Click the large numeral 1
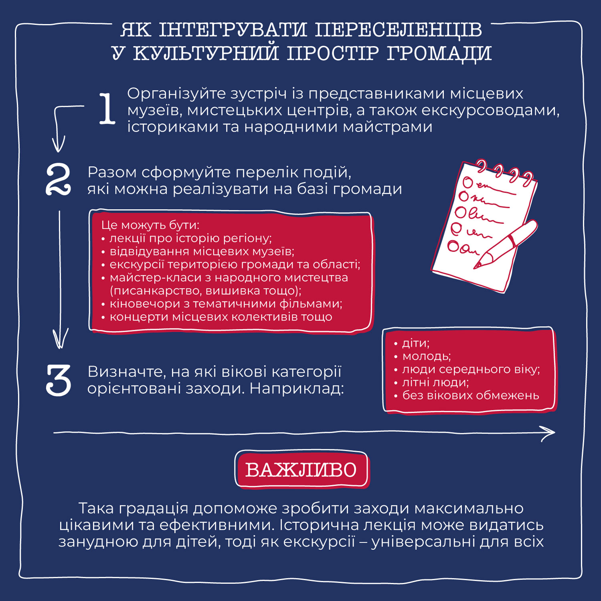pyautogui.click(x=107, y=108)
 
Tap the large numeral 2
pyautogui.click(x=58, y=179)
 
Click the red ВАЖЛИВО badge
pyautogui.click(x=301, y=470)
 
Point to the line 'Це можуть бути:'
pyautogui.click(x=150, y=225)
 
